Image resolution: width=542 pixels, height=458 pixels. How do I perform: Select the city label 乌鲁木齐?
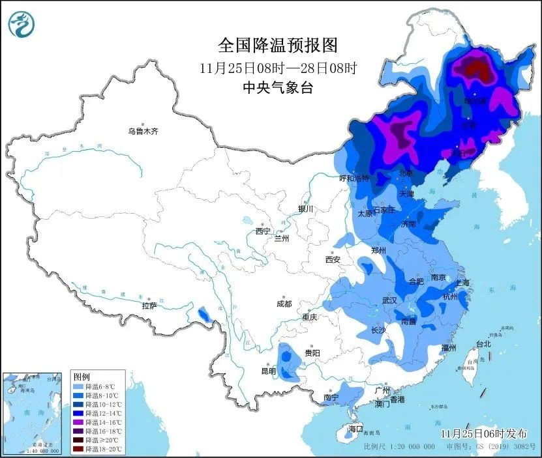click(x=143, y=132)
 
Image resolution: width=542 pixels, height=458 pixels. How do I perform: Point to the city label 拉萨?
click(x=149, y=306)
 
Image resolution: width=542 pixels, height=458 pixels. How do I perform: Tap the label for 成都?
click(x=284, y=304)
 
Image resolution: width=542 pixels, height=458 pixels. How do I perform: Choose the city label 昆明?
click(x=269, y=371)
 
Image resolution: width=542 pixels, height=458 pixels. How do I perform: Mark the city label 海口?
click(x=355, y=429)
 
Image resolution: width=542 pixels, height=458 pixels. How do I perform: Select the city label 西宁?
click(x=263, y=231)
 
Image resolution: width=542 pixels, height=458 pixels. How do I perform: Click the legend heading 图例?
click(x=82, y=377)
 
